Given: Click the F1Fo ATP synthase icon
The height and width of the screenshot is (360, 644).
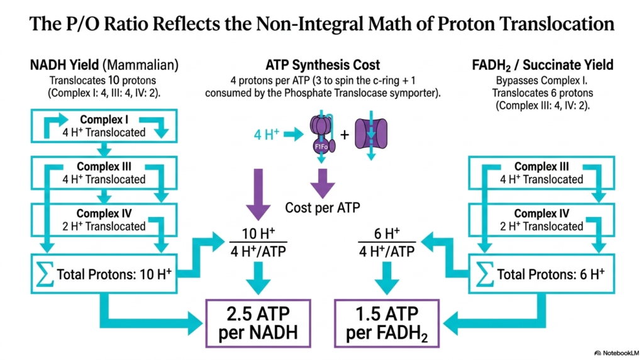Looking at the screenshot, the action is [323, 134].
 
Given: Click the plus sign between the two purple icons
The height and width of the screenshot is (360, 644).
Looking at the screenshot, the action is [345, 135].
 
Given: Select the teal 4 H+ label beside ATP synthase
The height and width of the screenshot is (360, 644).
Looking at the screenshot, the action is [267, 135].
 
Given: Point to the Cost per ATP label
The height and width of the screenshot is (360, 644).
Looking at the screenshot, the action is [323, 208].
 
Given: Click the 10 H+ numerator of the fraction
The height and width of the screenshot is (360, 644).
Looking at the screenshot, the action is [258, 233].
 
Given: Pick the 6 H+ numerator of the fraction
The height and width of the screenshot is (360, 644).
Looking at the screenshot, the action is [387, 233].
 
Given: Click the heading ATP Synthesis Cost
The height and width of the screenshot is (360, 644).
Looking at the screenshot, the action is [323, 65].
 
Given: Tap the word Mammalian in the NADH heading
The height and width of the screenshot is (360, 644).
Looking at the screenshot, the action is [140, 65].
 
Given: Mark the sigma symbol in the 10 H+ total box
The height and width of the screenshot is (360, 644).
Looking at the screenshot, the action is [45, 274].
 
